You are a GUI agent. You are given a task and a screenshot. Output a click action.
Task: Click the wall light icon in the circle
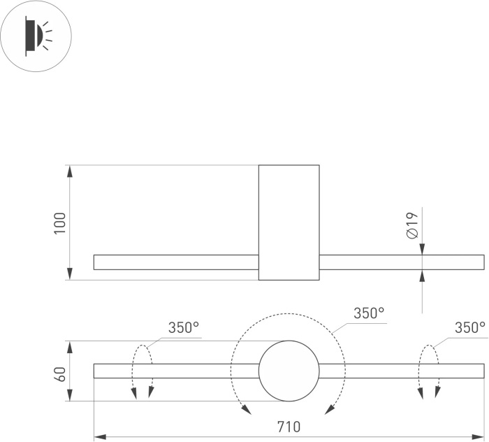36,36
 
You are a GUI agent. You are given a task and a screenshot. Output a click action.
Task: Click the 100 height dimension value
60,222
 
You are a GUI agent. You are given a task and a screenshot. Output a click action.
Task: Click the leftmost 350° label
184,328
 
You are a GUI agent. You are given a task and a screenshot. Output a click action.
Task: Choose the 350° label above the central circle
369,313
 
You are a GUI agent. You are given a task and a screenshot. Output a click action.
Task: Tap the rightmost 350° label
470,328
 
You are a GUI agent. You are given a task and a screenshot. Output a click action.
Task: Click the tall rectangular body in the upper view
289,222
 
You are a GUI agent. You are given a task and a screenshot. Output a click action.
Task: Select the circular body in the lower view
289,371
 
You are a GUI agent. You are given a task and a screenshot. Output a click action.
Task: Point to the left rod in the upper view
176,262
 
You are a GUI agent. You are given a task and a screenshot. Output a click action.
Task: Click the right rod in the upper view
402,262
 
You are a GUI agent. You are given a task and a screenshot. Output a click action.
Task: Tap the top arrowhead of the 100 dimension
69,170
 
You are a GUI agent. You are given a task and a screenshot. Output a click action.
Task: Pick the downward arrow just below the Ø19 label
423,250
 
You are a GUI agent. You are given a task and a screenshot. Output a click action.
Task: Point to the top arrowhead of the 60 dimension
69,345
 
